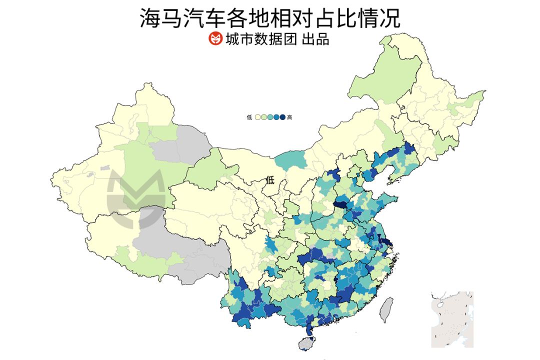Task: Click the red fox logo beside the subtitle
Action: coord(215,38)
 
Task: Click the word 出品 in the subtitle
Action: coord(315,39)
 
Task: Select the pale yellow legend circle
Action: coord(257,117)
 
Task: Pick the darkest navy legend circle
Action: coord(282,117)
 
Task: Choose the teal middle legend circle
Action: coord(270,117)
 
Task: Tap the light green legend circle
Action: coord(263,117)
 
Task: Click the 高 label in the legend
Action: coord(290,117)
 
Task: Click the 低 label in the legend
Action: coord(249,117)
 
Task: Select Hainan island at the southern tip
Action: coord(304,343)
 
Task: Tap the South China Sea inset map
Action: coord(452,319)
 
